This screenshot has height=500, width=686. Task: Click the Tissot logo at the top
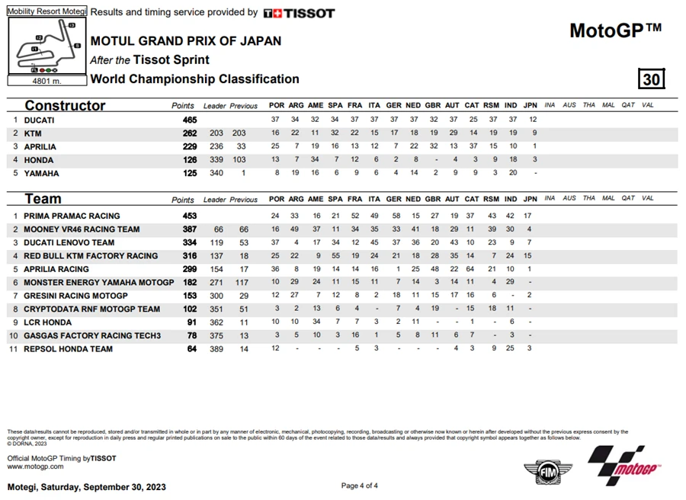(299, 13)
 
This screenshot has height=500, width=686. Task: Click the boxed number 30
(652, 79)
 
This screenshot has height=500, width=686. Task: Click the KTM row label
(32, 133)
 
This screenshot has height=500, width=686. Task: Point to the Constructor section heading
(65, 105)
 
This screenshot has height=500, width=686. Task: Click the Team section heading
(43, 199)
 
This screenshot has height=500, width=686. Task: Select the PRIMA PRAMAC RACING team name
(72, 216)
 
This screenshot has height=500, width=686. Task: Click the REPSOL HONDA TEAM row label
(68, 349)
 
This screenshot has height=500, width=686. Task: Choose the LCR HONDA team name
(48, 322)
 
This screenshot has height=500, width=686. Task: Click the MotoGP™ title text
(615, 30)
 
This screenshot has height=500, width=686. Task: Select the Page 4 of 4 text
(359, 486)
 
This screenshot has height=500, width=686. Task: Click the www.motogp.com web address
(35, 466)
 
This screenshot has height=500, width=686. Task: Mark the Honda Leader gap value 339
(216, 160)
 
